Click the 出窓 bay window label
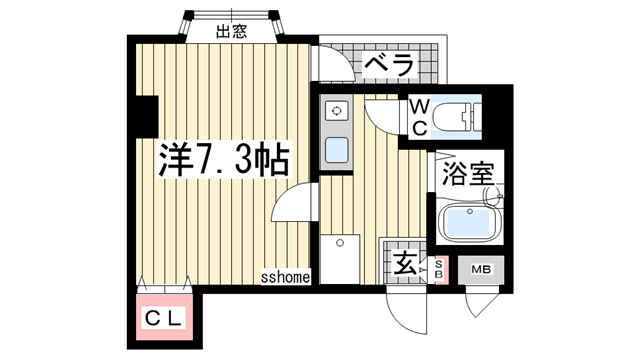231,31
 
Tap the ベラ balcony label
388,65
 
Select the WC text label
421,116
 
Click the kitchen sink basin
337,150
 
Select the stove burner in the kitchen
336,110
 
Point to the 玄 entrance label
405,266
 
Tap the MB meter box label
482,268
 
